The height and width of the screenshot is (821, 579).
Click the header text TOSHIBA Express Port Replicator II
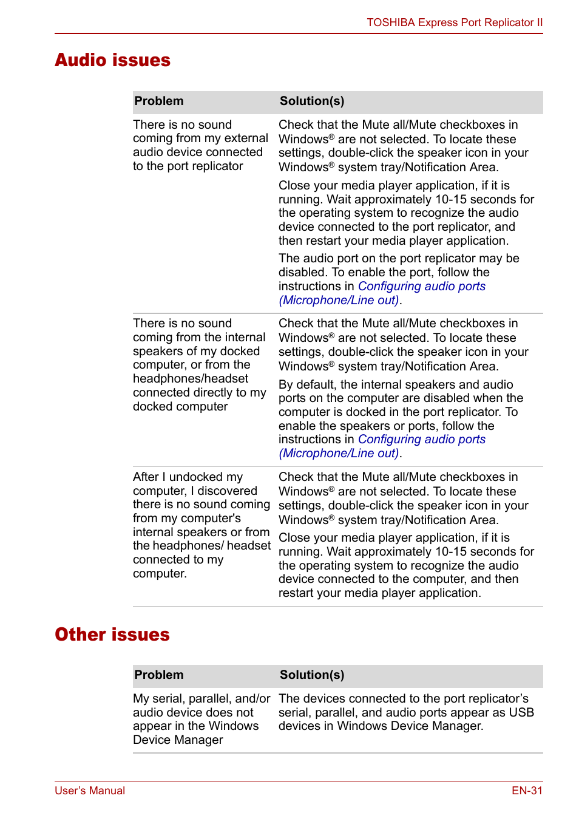pos(454,22)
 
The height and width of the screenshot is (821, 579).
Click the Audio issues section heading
pos(113,60)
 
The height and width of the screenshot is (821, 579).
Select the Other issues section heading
pos(112,634)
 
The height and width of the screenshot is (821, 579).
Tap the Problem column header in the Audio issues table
pos(159,101)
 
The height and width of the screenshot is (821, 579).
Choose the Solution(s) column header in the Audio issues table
pos(312,101)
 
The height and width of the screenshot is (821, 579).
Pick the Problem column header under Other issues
pos(159,675)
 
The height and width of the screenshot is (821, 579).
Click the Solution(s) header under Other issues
pos(312,675)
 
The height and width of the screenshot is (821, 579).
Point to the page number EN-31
pos(526,790)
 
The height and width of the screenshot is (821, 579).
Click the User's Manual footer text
pos(90,790)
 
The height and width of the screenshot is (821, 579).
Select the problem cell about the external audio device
pos(200,145)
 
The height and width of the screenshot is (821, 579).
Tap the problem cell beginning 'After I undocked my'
pos(201,525)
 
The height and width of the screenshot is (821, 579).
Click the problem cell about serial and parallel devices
pos(201,719)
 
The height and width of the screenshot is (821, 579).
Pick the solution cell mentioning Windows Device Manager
pos(405,712)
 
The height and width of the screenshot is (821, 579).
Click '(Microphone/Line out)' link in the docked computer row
pos(339,454)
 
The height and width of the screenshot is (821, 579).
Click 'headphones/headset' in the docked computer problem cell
pos(191,378)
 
